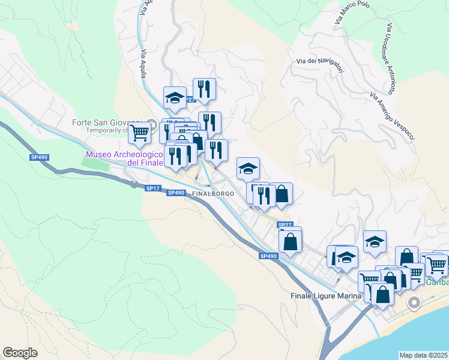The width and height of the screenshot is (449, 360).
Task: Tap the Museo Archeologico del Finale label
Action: coord(124,158)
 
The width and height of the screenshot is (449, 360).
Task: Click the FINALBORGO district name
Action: coord(211,194)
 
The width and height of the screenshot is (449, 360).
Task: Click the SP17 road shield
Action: coord(152,188)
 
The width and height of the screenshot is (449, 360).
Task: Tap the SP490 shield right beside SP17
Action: coord(176,193)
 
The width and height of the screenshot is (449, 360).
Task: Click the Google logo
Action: coord(20,353)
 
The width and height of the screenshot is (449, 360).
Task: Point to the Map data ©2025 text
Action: coord(423,355)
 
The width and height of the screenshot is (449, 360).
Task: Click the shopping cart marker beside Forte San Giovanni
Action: coord(139,131)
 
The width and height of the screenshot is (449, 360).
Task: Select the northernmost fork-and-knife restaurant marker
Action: coord(204,89)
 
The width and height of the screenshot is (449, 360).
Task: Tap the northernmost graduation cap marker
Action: coord(175,97)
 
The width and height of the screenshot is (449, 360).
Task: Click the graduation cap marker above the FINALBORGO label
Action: coord(248,168)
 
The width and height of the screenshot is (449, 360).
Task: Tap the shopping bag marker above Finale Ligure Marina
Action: coord(382,294)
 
